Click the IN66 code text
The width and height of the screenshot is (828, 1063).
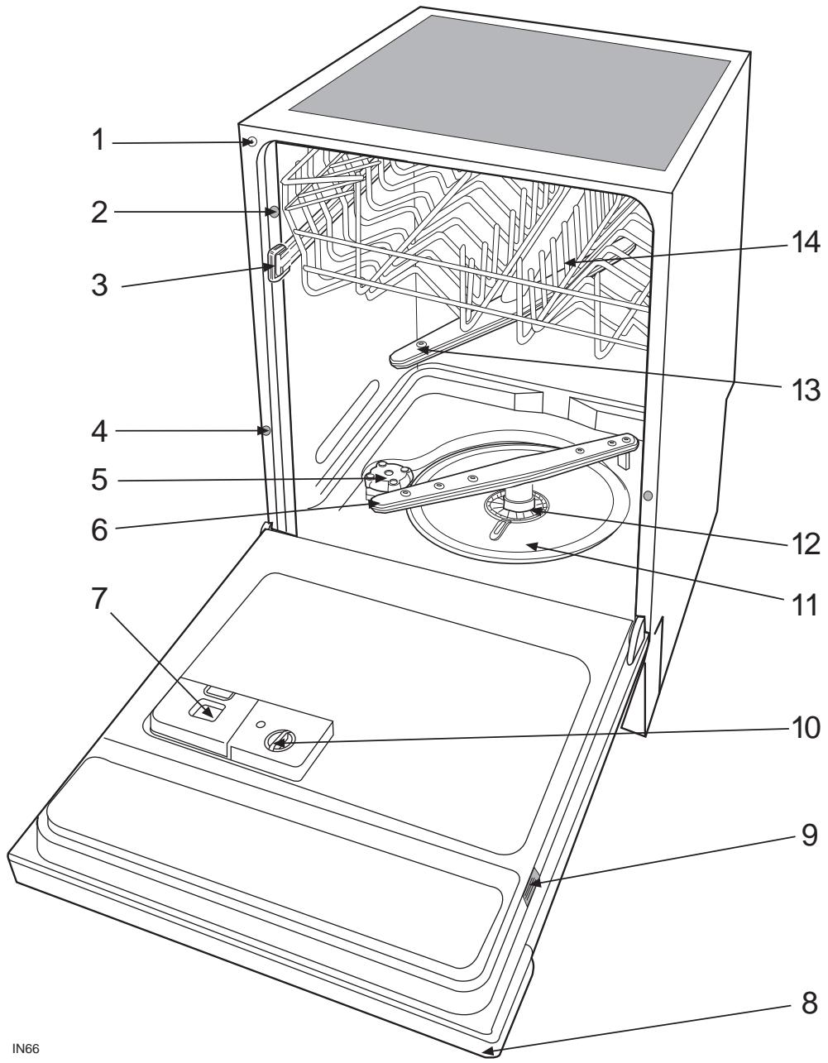26,1049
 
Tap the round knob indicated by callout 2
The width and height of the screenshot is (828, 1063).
272,212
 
